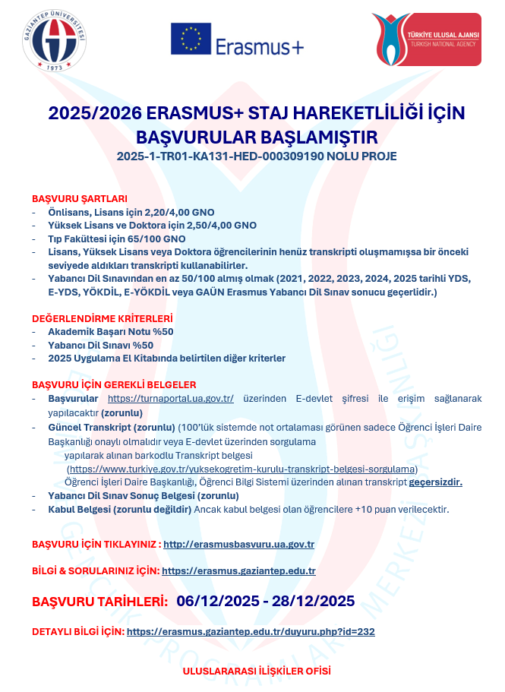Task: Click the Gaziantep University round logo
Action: (x=52, y=43)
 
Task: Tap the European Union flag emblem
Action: (x=191, y=39)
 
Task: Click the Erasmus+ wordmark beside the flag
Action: (x=259, y=46)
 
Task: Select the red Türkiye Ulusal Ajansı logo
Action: (x=425, y=39)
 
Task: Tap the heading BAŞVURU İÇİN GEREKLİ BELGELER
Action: (x=114, y=385)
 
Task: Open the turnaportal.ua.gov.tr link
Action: (x=170, y=398)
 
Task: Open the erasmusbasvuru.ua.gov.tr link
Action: (x=238, y=545)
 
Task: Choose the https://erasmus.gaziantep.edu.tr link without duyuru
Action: (x=238, y=570)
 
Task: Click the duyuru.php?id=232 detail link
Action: (x=251, y=631)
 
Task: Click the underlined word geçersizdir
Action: (x=435, y=482)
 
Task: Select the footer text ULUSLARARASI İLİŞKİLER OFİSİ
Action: (x=256, y=671)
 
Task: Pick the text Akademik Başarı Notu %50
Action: (x=111, y=332)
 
